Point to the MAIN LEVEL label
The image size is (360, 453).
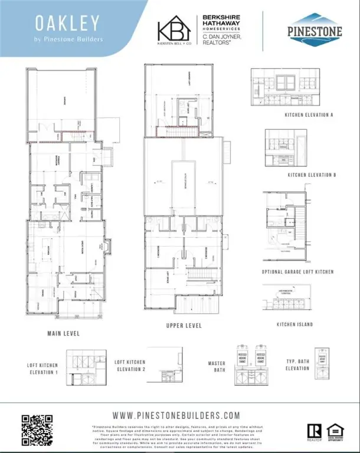tap(63, 334)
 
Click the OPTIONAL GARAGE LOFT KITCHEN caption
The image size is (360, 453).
tap(297, 272)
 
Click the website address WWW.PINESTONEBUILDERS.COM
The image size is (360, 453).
tap(180, 415)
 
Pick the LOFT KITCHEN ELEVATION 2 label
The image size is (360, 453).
tap(129, 365)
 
